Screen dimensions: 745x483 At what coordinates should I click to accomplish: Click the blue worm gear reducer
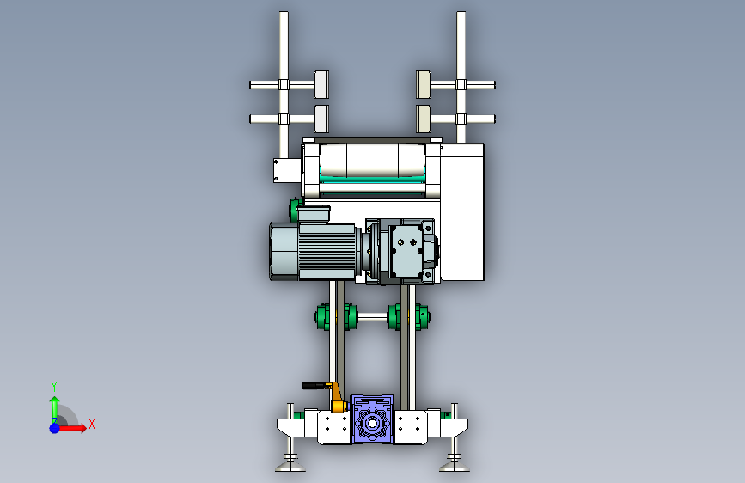point(372,419)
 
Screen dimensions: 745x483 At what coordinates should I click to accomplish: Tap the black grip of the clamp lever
point(314,385)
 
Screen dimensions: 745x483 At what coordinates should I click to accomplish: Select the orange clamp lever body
point(338,399)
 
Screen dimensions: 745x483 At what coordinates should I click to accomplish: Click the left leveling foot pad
point(290,468)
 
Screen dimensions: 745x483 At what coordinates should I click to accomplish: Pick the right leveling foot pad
point(455,468)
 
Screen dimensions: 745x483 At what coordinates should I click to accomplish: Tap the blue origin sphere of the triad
point(55,428)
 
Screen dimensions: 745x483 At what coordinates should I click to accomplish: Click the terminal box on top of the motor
point(314,213)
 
